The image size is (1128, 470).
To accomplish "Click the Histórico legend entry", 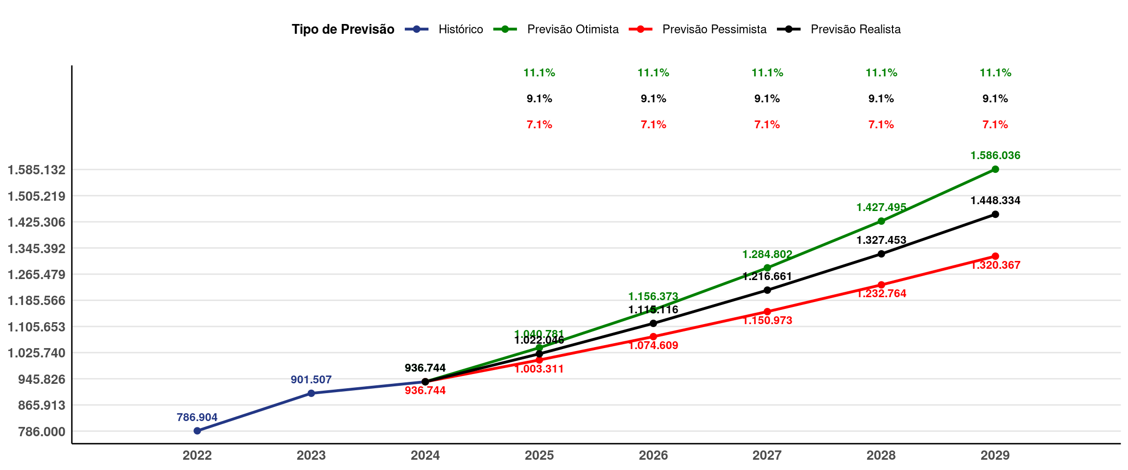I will pos(460,29).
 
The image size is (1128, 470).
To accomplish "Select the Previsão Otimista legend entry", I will pos(572,29).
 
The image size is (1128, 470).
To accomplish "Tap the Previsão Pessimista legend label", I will pos(714,29).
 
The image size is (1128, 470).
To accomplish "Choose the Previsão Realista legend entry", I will pos(855,29).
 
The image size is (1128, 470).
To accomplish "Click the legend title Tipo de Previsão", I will pos(343,29).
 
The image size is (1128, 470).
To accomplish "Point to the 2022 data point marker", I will pos(197,431).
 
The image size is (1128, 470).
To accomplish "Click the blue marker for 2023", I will pos(311,393).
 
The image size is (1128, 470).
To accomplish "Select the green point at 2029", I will pos(995,169).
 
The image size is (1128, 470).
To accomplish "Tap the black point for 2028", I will pos(881,254).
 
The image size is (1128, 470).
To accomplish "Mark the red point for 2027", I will pos(767,311).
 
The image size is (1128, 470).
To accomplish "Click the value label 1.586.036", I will pos(995,156).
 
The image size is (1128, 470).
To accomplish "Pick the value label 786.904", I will pos(197,417).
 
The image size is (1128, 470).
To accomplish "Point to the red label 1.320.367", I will pos(995,265).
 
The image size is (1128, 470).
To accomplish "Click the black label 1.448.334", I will pos(995,200).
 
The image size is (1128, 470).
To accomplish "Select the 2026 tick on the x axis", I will pos(653,455).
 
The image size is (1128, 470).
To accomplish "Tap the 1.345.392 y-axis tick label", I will pos(36,249).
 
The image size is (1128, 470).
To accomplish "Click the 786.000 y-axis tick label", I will pos(42,432).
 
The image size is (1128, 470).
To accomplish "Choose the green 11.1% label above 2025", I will pos(539,73).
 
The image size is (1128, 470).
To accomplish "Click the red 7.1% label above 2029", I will pos(995,125).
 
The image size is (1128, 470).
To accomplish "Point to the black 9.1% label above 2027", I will pos(767,99).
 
